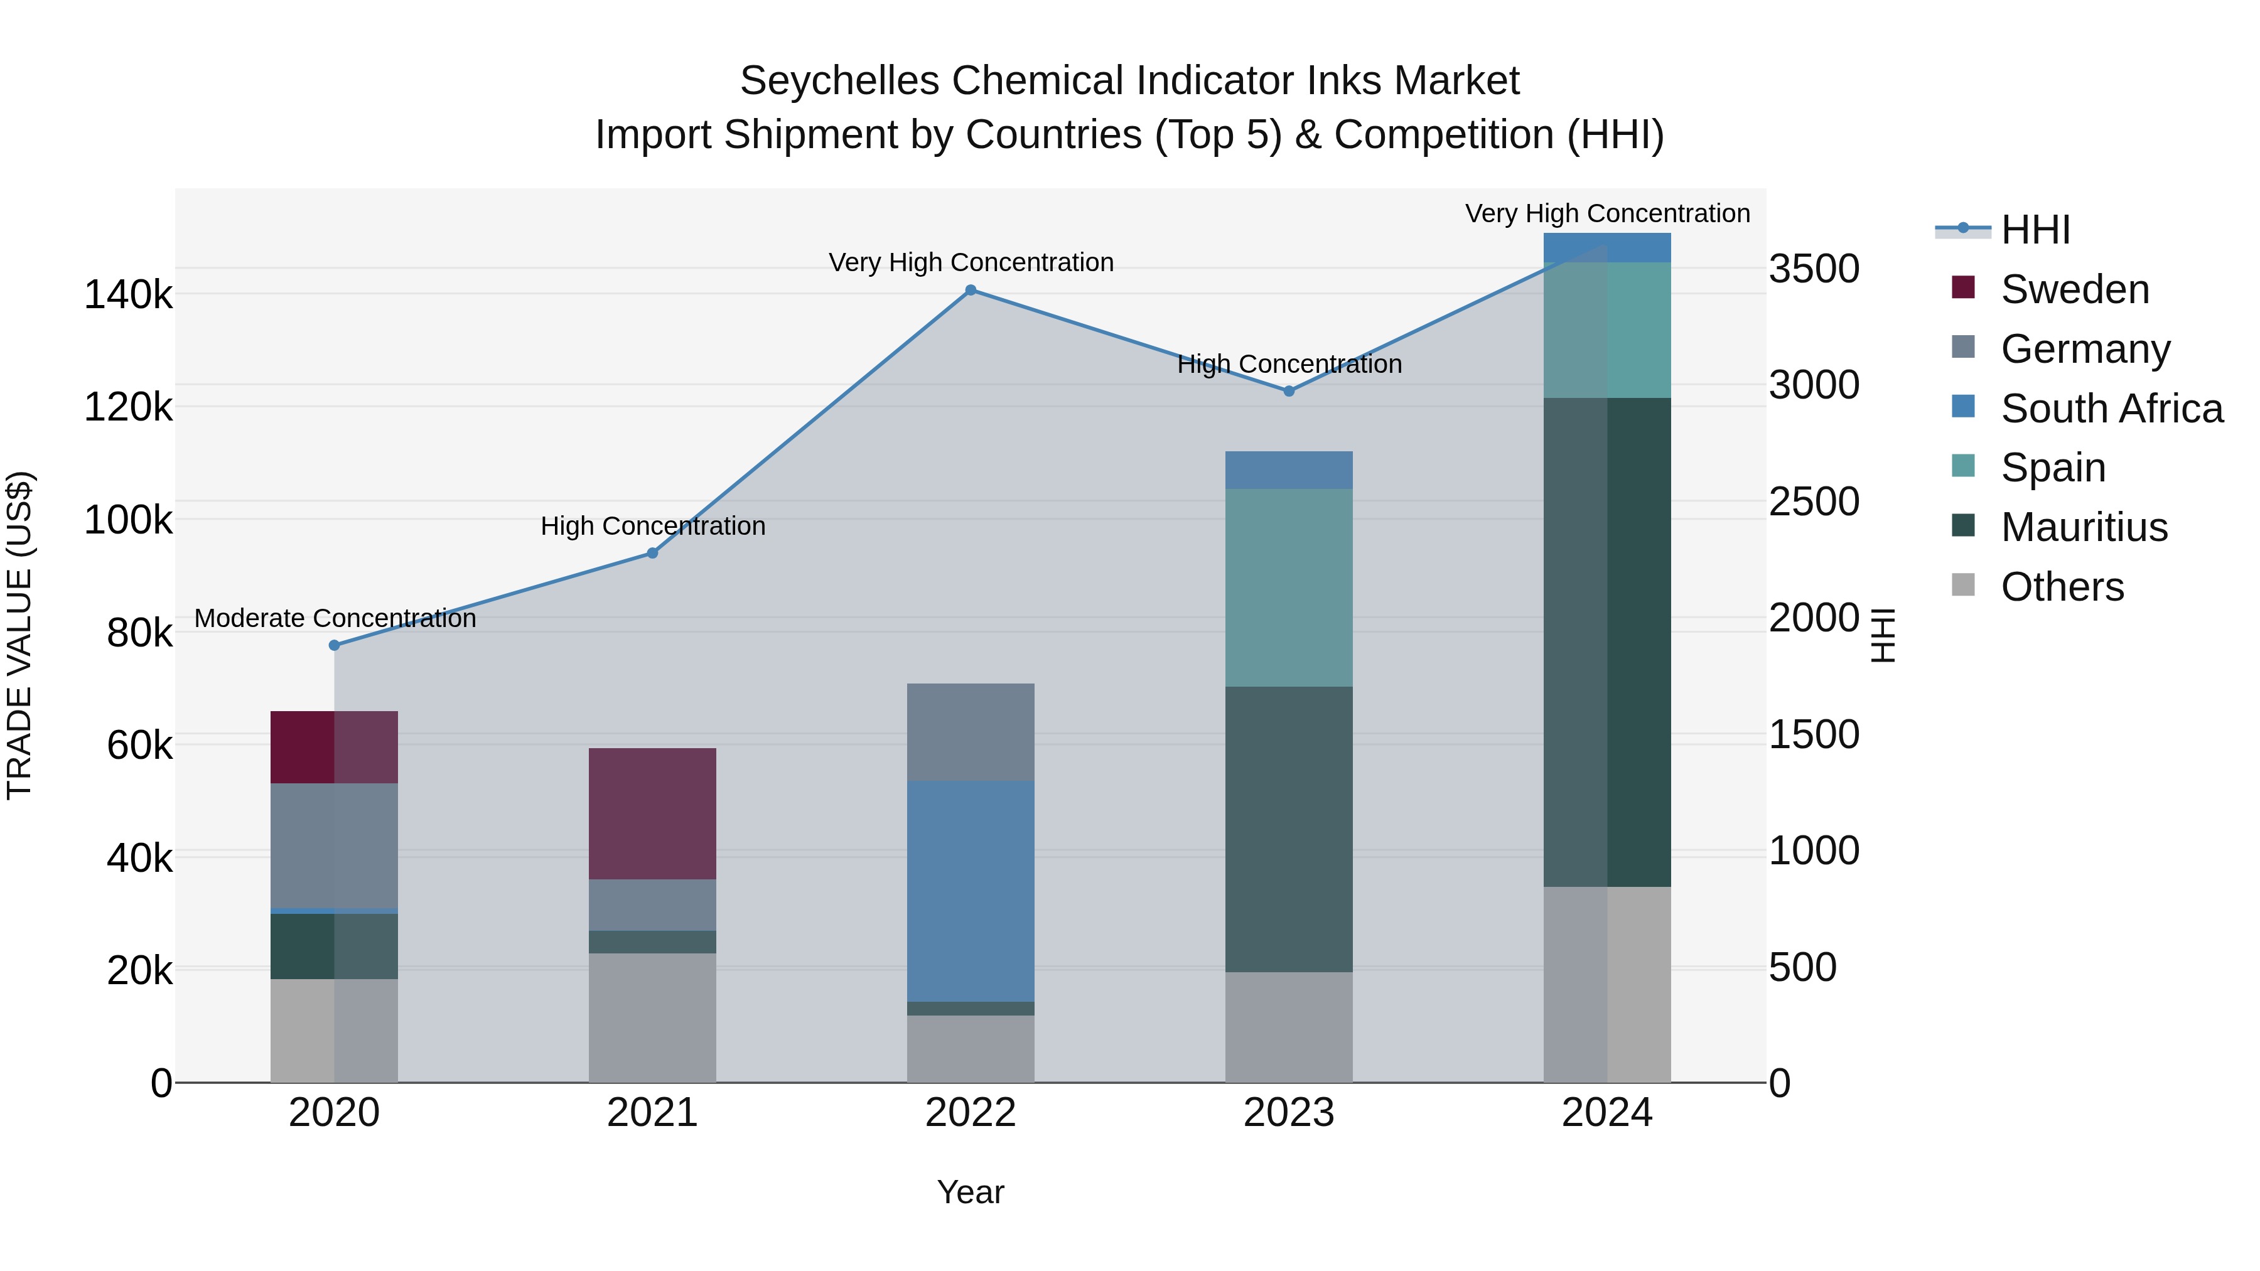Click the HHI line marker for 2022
click(971, 291)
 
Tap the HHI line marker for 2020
click(334, 646)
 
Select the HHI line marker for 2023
click(1289, 391)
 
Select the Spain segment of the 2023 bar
click(1289, 587)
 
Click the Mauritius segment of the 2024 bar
click(1607, 642)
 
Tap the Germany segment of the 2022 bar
click(971, 732)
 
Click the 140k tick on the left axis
click(128, 295)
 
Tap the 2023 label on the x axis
click(1289, 1113)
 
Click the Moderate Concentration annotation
click(335, 618)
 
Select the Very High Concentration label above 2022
click(971, 262)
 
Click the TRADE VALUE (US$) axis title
click(19, 635)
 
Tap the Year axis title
click(971, 1192)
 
